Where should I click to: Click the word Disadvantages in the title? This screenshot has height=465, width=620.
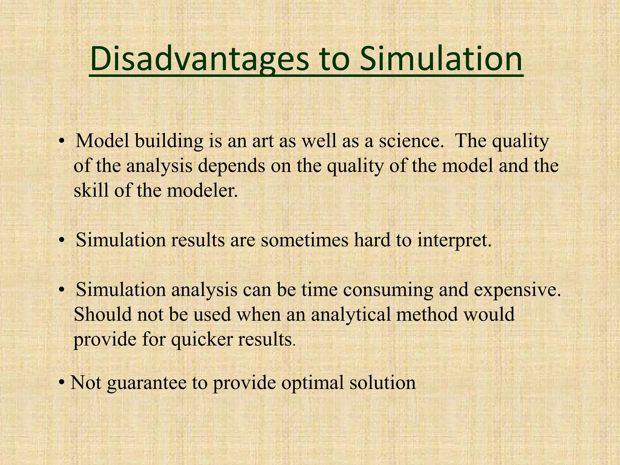(x=200, y=59)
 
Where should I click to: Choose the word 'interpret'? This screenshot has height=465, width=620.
(x=454, y=241)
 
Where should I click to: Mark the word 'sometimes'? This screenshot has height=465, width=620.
(x=304, y=241)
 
